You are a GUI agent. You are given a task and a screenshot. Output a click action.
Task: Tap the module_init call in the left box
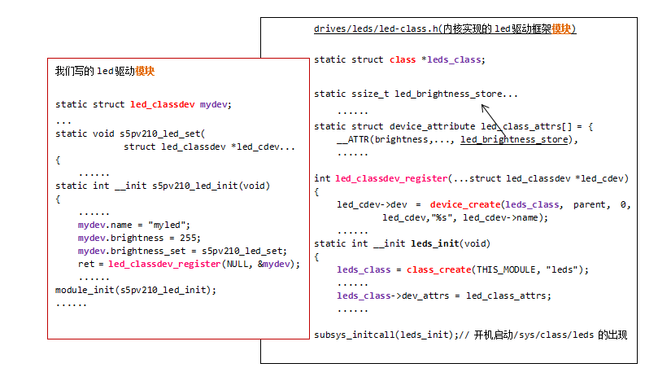coord(85,290)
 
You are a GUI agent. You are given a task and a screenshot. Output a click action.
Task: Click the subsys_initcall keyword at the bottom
coord(354,335)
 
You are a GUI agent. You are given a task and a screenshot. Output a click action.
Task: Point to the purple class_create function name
coord(437,269)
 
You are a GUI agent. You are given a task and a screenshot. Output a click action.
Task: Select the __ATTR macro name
coord(351,139)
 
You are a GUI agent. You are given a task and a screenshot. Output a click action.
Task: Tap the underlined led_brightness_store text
coord(515,139)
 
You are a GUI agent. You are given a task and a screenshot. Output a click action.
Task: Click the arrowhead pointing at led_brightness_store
coord(483,107)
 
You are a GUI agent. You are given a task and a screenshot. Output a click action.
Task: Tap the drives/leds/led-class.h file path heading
coord(377,29)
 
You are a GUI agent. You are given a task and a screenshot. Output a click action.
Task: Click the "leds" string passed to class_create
coord(569,269)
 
